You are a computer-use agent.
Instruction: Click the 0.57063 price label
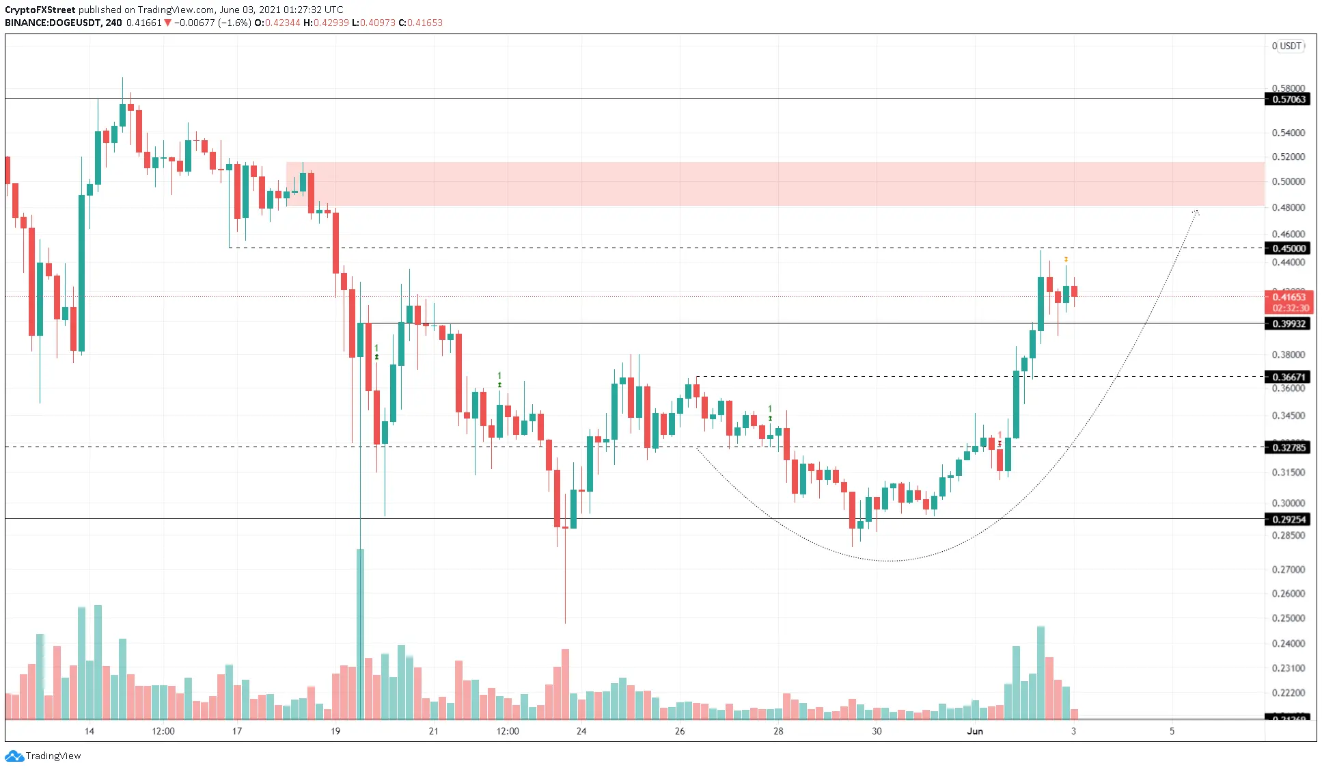click(1288, 99)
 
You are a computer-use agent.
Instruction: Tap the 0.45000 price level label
click(1288, 248)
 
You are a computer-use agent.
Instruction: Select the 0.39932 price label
click(1288, 323)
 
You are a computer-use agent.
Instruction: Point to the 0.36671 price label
click(1288, 377)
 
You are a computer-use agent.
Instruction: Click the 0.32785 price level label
click(1288, 447)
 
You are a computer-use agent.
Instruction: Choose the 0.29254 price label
click(1288, 519)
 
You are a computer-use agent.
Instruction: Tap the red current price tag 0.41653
click(1289, 297)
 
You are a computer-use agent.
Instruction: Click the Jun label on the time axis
click(975, 731)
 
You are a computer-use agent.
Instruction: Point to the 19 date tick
click(335, 731)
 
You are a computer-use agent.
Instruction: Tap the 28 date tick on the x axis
click(778, 731)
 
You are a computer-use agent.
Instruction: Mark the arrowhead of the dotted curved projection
click(1196, 212)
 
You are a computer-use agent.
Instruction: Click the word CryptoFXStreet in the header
click(40, 10)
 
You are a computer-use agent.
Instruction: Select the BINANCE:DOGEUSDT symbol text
click(53, 23)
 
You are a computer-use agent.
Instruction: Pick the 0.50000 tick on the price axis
click(1288, 181)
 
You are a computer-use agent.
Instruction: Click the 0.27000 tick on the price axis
click(1288, 569)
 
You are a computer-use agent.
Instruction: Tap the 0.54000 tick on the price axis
click(1288, 133)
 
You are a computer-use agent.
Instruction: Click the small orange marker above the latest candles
click(1066, 259)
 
